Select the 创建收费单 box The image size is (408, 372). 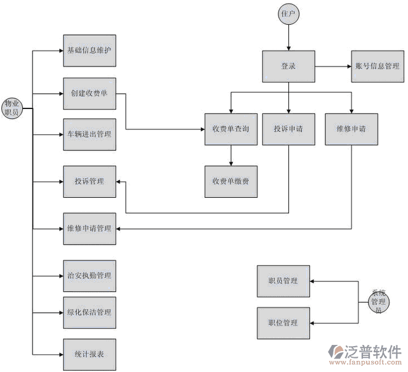(x=89, y=94)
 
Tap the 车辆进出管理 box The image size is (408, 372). (x=89, y=134)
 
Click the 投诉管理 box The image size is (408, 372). (x=89, y=182)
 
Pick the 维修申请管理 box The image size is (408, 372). (x=89, y=228)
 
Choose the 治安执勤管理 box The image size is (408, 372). (x=89, y=275)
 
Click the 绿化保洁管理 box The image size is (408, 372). (x=89, y=312)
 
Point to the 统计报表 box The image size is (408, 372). (x=89, y=354)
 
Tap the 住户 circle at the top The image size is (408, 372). (x=288, y=13)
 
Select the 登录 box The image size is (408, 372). (x=288, y=66)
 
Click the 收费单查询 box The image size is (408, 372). (x=231, y=129)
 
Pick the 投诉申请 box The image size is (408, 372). (x=288, y=129)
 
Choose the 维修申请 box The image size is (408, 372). (x=351, y=129)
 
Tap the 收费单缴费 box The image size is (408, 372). (x=231, y=181)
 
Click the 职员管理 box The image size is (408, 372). (x=283, y=281)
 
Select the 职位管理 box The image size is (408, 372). (x=283, y=323)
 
